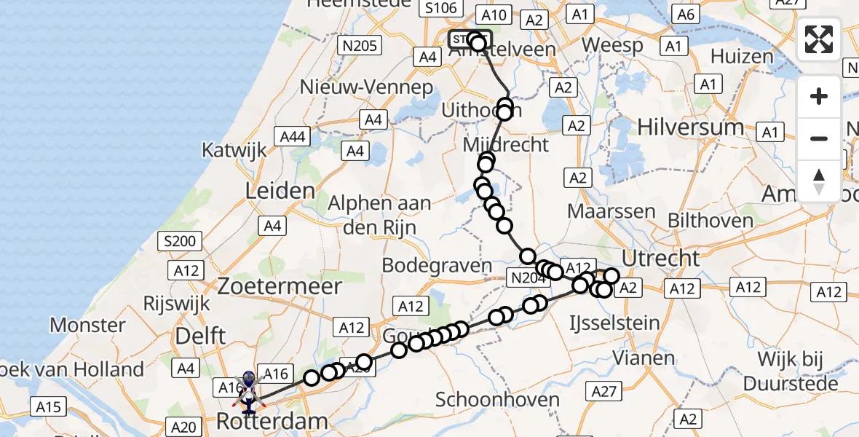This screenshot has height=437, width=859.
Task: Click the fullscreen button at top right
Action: coord(819,39)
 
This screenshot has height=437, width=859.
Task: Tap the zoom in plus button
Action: coord(819,96)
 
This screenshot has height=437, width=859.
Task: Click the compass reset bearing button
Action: coord(819,181)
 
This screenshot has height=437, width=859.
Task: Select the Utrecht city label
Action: coord(661,258)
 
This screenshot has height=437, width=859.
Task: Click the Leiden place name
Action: coord(280,192)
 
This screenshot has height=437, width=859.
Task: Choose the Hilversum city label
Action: coord(691,127)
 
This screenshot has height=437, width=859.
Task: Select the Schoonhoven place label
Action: coord(497,399)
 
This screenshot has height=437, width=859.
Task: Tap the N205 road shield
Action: coord(359,46)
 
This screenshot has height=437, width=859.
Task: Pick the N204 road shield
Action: coord(527,277)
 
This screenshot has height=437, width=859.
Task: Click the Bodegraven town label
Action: coord(436,265)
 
